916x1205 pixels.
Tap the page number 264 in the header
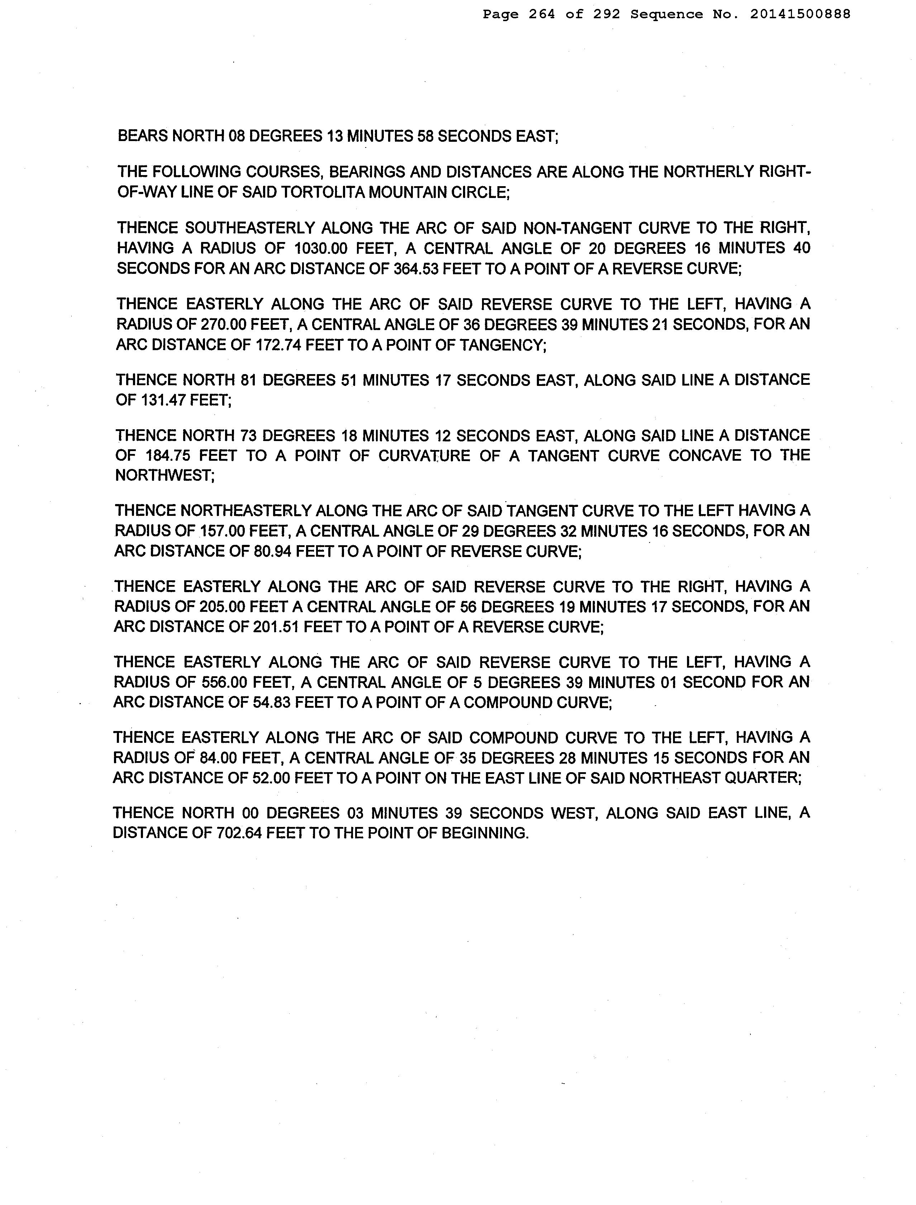coord(542,14)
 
